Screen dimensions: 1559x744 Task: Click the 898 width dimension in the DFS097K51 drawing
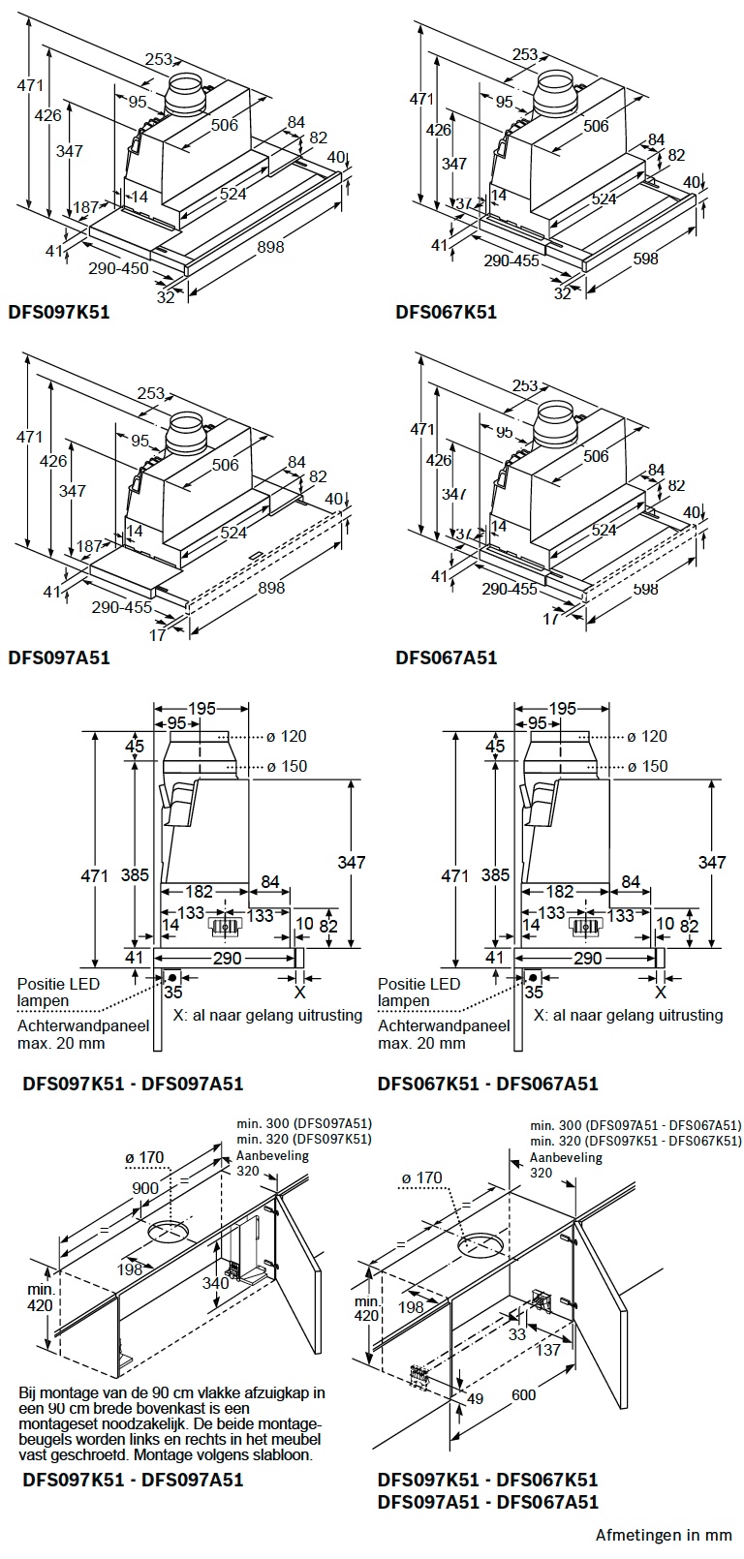(x=271, y=247)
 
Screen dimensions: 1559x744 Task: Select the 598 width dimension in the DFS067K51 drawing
(x=644, y=259)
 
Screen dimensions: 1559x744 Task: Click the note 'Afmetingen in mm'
(x=664, y=1535)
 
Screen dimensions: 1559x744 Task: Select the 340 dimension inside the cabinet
(x=216, y=1283)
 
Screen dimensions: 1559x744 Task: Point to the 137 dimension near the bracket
(x=548, y=1349)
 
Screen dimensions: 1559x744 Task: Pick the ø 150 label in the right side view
(x=647, y=766)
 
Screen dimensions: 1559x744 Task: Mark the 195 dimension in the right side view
(x=563, y=710)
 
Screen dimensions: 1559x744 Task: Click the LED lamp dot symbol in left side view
(x=172, y=976)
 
